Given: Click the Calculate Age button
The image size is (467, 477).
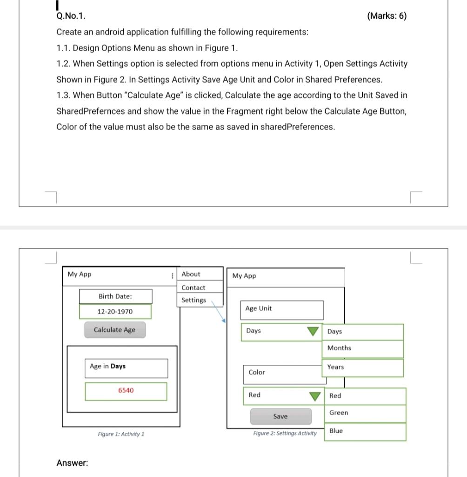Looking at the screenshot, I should click(114, 330).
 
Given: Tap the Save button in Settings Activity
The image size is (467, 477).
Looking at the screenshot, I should click(280, 416).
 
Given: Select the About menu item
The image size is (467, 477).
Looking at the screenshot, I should click(191, 274).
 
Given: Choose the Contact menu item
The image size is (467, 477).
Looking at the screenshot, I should click(193, 288).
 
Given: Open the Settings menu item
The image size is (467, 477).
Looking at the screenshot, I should click(193, 300).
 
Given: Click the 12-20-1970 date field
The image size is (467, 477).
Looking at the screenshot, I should click(115, 312).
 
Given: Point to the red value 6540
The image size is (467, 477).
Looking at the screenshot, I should click(126, 390).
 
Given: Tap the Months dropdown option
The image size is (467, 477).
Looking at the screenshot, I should click(339, 348).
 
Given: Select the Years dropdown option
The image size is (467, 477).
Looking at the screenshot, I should click(335, 367).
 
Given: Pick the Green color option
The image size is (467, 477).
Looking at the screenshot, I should click(339, 413).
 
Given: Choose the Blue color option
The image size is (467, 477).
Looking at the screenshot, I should click(336, 431).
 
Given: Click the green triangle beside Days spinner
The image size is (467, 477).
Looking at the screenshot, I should click(313, 331).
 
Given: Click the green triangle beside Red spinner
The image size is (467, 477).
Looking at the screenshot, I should click(316, 396).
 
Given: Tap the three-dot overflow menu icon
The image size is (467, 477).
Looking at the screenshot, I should click(173, 275).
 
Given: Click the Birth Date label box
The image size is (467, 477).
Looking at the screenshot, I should click(115, 296).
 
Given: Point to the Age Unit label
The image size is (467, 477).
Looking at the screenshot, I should click(259, 309).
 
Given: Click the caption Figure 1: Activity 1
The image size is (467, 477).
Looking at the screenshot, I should click(121, 434).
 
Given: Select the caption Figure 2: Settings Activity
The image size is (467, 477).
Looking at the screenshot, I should click(285, 433).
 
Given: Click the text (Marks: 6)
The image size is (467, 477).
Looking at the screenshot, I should click(387, 16).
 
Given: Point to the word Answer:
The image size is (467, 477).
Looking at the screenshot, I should click(72, 463).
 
